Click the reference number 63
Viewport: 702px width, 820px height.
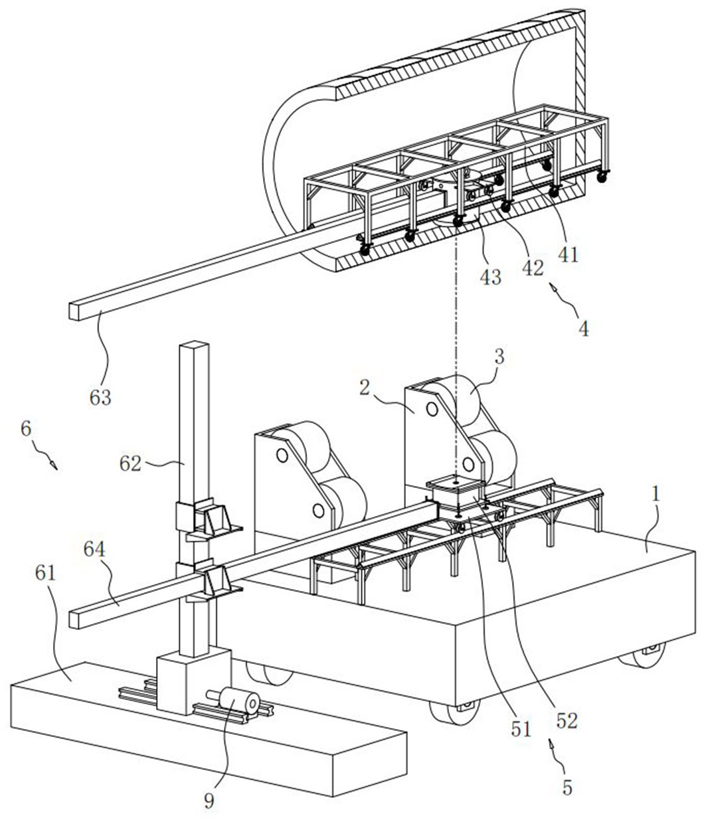[x=100, y=397]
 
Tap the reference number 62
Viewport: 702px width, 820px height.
[x=131, y=463]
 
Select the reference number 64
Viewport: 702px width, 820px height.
[x=94, y=550]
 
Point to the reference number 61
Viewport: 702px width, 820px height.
[x=45, y=574]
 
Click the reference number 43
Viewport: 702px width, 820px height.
[x=490, y=276]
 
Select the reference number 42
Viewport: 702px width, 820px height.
[x=532, y=268]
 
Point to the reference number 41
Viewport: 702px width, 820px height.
[x=569, y=254]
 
